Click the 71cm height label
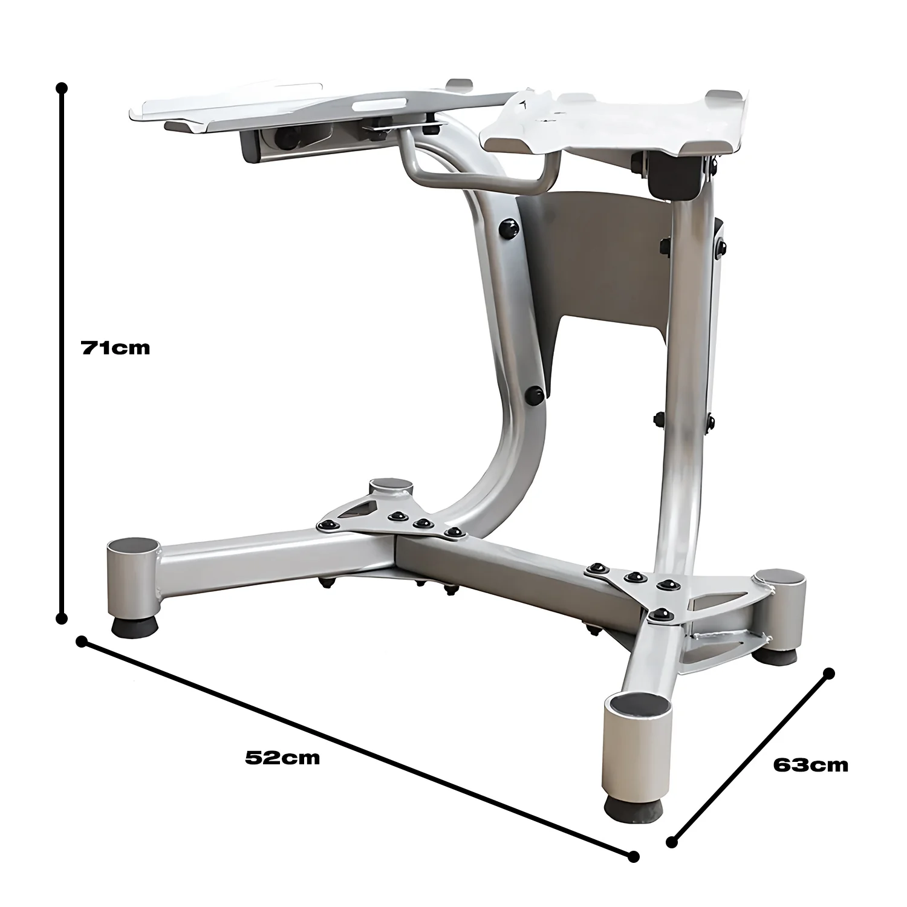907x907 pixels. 115,348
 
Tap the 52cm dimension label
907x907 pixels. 282,757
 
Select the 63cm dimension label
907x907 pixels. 810,765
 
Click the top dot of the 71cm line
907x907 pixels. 61,88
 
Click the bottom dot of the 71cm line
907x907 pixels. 61,618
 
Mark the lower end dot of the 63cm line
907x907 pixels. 672,841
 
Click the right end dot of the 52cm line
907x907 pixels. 633,856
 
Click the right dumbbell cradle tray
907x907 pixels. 617,121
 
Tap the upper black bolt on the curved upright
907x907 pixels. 508,229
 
